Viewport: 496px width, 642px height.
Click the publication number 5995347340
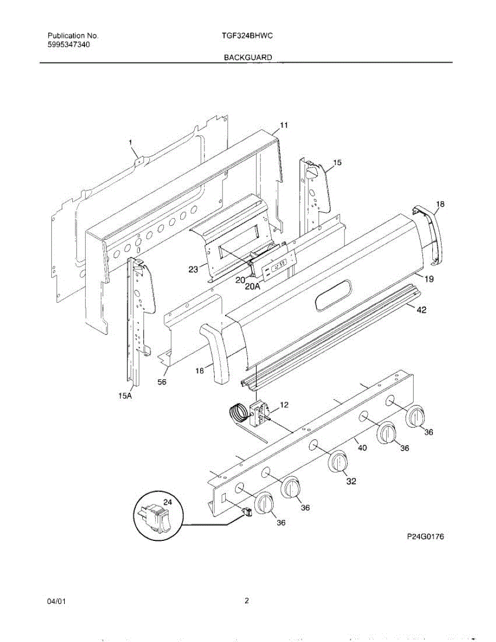[68, 45]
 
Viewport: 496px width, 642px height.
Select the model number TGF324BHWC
[248, 36]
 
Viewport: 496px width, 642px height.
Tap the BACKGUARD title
[248, 57]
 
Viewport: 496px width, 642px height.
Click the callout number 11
[284, 125]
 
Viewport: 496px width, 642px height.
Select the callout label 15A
[125, 396]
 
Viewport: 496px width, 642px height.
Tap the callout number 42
[422, 310]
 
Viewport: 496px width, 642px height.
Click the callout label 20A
[253, 286]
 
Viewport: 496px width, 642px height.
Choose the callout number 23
[193, 270]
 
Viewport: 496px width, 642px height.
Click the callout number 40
[362, 448]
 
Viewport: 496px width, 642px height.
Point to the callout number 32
[350, 481]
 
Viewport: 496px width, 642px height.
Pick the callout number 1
[130, 142]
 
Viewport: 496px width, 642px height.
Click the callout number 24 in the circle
[167, 502]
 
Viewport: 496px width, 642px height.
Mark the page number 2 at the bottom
[247, 600]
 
